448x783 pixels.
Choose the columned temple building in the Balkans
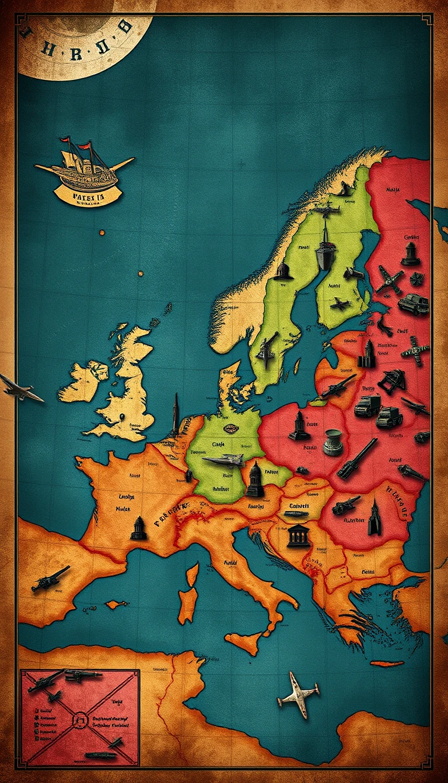point(299,535)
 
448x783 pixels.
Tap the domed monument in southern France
point(139,528)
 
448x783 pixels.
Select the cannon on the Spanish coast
point(51,577)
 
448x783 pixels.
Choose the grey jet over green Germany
point(225,460)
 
